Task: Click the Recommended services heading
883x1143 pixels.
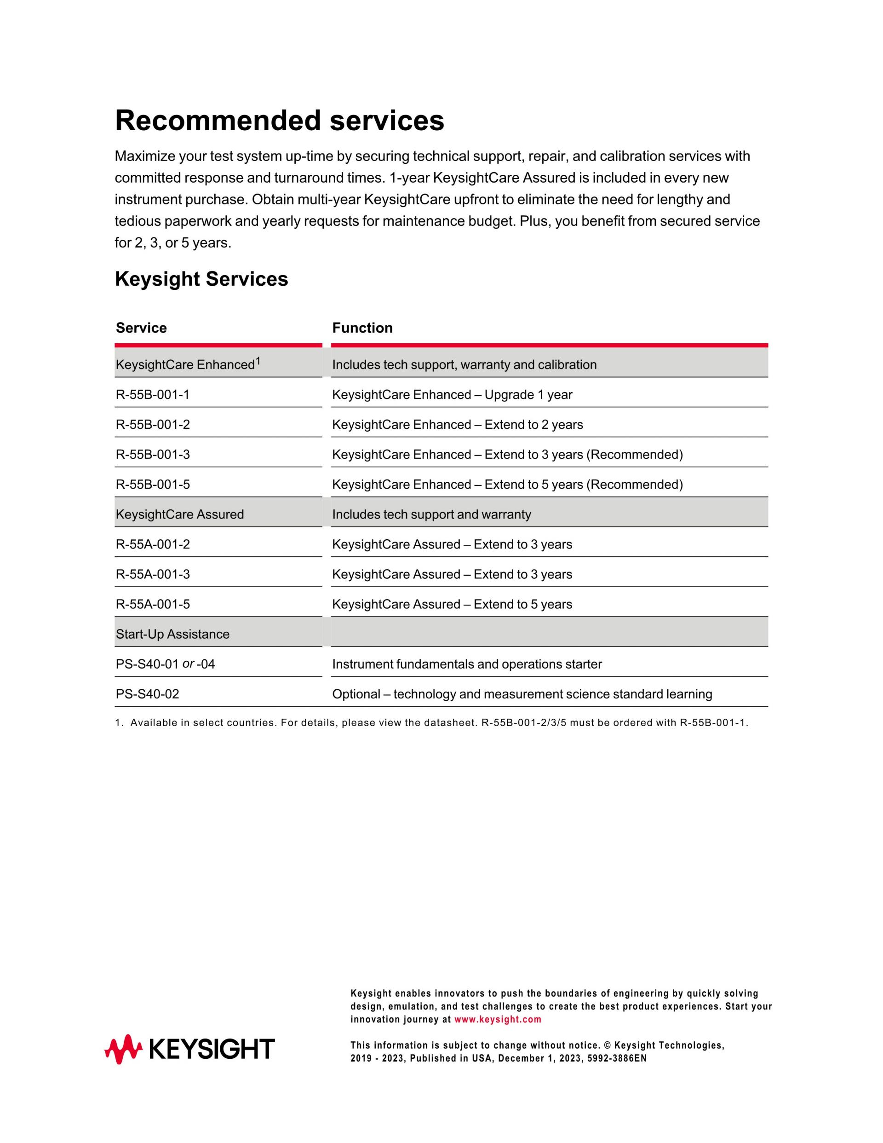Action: point(279,121)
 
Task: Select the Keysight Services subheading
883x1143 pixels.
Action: point(201,279)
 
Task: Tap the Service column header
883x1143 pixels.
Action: point(141,328)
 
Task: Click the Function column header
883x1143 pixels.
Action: point(362,328)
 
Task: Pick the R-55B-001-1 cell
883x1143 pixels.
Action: point(153,395)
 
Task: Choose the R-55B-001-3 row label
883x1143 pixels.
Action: point(153,454)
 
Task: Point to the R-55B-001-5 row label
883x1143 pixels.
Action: point(153,485)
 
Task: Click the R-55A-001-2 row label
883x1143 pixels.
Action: point(153,544)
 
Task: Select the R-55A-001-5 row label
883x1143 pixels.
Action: point(153,605)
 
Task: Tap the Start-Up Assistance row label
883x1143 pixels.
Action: point(172,634)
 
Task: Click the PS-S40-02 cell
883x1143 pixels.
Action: point(148,694)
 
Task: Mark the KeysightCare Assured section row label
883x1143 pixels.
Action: point(179,514)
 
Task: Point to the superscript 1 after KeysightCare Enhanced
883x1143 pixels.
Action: point(258,361)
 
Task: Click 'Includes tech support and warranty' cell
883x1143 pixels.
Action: point(431,514)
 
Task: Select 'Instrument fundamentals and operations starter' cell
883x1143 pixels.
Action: point(467,664)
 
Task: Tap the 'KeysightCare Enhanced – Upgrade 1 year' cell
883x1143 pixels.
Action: point(452,395)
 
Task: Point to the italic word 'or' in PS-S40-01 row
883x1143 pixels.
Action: point(188,664)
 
